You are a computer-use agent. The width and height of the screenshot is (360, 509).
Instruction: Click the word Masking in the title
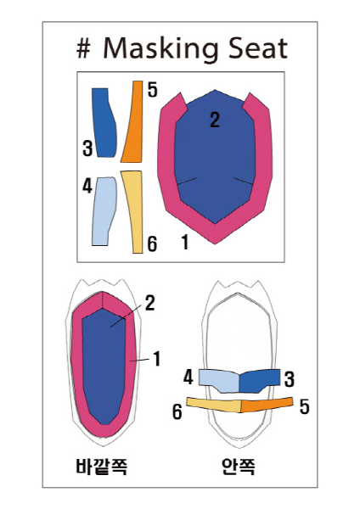tap(160, 49)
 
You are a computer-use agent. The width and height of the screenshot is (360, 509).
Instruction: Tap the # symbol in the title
tap(83, 49)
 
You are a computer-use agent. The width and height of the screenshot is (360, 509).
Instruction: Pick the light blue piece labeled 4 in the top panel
tap(104, 211)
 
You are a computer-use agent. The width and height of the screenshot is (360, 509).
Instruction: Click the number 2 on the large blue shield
tap(215, 120)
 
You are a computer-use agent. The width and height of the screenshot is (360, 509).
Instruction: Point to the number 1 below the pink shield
tap(185, 242)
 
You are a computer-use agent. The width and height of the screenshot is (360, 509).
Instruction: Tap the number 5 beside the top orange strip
tap(152, 90)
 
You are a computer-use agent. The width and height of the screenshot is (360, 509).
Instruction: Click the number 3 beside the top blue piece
tap(87, 148)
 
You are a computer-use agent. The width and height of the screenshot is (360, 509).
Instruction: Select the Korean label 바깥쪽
tap(101, 467)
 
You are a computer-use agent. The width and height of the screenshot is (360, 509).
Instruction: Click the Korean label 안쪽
tap(239, 467)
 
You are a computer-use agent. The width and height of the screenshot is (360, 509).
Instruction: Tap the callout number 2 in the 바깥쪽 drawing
tap(149, 304)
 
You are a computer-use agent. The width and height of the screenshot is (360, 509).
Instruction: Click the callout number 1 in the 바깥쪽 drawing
tap(157, 359)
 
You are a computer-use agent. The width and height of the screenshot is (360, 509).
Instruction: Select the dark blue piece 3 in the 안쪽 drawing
tap(258, 380)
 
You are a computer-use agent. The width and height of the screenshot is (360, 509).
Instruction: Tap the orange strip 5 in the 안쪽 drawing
tap(267, 404)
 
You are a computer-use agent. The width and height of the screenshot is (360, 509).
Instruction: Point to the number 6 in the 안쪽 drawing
tap(177, 412)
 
